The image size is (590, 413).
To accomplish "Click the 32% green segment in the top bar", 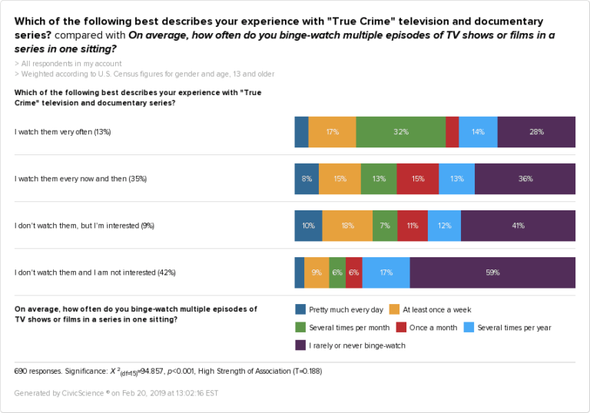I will point(400,132).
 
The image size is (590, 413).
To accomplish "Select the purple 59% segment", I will point(492,273).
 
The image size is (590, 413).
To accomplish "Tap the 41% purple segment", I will point(518,226).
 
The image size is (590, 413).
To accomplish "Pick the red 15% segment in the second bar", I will point(418,179).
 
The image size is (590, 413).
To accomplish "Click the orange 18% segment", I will point(347,226).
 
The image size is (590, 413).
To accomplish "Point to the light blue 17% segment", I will point(386,273).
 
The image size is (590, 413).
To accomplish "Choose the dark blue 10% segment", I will point(308,226).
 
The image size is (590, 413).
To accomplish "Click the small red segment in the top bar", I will point(452,132).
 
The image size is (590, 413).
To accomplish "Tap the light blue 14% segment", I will point(478,132).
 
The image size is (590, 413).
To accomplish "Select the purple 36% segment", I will point(525,179).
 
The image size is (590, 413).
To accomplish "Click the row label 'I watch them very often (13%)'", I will point(63,132).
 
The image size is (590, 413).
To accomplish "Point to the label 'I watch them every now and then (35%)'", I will point(81,179).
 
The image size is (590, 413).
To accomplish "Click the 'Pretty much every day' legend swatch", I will point(300,309).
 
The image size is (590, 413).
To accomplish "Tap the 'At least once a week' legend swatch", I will point(395,309).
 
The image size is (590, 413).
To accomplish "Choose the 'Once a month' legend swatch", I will point(402,327).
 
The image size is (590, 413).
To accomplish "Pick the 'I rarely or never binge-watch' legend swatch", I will point(300,345).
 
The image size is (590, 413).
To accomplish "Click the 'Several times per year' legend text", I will point(514,328).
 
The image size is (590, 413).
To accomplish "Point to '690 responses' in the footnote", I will point(38,372).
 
